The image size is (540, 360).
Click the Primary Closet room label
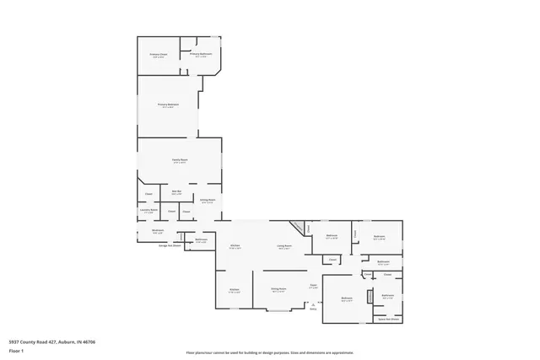[x=158, y=56]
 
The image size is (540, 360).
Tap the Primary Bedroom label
[x=168, y=105]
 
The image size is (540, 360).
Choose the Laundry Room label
[x=148, y=212]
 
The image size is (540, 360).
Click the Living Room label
[x=284, y=246]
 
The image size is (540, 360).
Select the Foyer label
[x=312, y=287]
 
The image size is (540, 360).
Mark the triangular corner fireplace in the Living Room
[x=298, y=228]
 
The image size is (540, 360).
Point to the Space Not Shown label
[x=388, y=320]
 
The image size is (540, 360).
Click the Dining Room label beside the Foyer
[x=277, y=289]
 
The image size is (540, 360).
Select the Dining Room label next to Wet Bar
[x=208, y=201]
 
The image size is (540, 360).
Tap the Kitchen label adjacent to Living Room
[x=235, y=246]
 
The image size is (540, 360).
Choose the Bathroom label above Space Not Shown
[x=387, y=295]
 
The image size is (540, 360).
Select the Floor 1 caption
[x=17, y=350]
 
